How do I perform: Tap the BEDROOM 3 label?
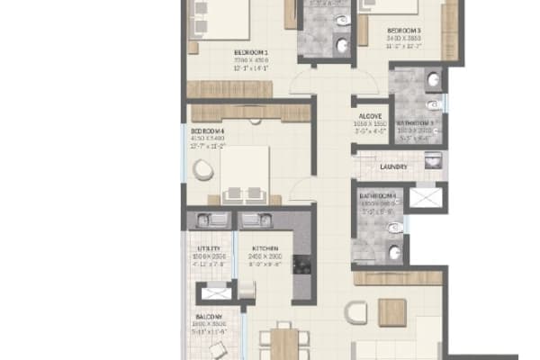tap(405, 31)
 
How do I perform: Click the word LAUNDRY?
tap(394, 166)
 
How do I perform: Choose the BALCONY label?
tap(209, 317)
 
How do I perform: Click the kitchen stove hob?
tap(301, 265)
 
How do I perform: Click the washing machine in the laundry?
tap(433, 163)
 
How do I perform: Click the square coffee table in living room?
tap(392, 312)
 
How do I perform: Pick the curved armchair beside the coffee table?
tap(356, 312)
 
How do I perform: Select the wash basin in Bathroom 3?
tap(434, 79)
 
